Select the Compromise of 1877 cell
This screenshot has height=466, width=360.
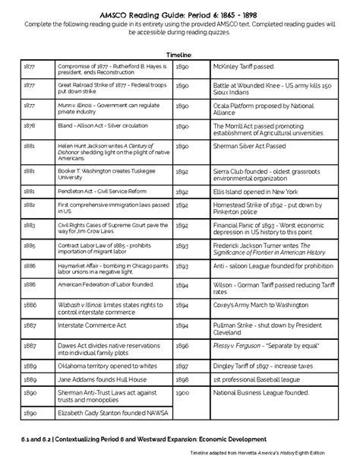(x=112, y=70)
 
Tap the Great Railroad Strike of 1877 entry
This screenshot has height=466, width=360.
(x=112, y=88)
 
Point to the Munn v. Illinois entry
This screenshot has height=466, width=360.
(x=112, y=106)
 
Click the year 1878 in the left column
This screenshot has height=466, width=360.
(x=30, y=125)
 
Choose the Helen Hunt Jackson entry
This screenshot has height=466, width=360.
(x=112, y=146)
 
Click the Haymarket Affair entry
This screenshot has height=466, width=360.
(x=112, y=268)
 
